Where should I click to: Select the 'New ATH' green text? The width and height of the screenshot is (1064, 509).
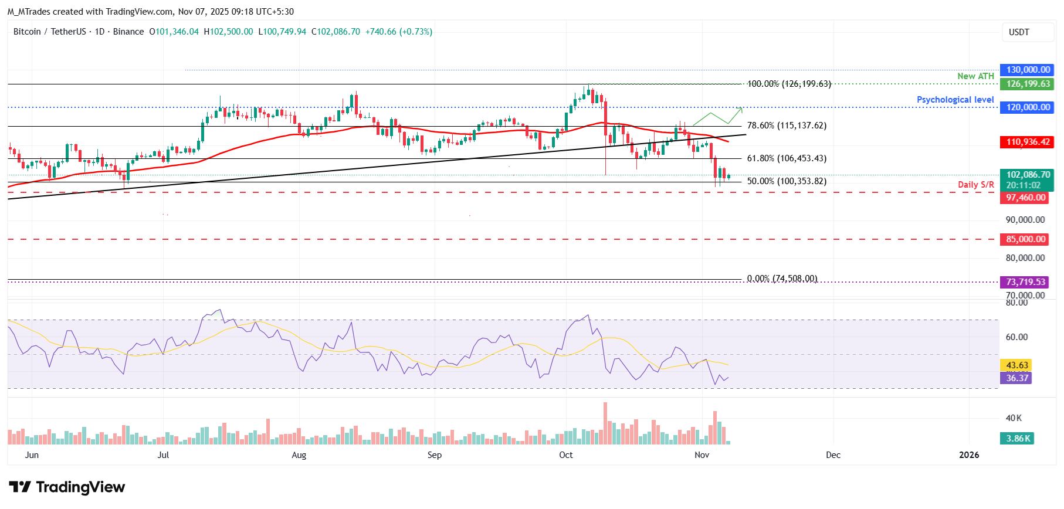coord(975,76)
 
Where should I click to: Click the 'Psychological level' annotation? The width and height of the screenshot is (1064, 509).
coord(955,100)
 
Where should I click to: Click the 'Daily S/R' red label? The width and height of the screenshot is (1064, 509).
coord(975,185)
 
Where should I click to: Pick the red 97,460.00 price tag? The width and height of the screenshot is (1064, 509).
coord(1025,198)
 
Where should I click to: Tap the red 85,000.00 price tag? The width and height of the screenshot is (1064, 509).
coord(1025,239)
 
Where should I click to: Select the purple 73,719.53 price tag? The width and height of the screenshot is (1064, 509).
coord(1025,282)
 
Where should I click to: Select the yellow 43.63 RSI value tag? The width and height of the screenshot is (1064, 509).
coord(1016,365)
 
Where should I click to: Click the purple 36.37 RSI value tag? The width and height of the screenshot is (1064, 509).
coord(1016,378)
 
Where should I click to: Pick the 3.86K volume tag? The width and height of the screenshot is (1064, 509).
coord(1017,439)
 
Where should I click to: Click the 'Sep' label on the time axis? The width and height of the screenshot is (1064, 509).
coord(435,455)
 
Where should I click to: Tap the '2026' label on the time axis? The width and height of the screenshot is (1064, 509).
coord(969,455)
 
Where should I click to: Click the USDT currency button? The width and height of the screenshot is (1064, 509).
coord(1019,32)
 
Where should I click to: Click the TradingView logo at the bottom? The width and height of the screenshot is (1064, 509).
coord(67,487)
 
